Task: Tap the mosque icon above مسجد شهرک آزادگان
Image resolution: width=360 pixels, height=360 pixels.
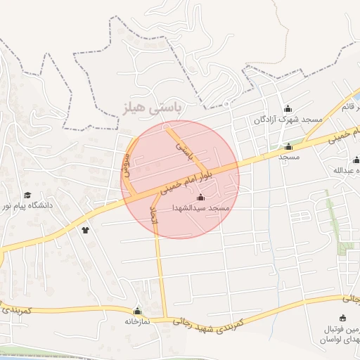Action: point(287,108)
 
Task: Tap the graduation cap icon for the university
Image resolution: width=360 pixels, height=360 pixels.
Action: point(27,195)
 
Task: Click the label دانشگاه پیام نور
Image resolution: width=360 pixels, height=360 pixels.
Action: point(28,206)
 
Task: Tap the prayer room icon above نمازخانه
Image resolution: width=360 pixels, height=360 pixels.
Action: point(137,311)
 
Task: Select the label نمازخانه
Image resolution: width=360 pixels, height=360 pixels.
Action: point(138,321)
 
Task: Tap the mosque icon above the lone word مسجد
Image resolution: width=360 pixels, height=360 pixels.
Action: point(288,146)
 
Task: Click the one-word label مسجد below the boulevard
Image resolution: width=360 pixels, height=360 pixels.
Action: point(289,156)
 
